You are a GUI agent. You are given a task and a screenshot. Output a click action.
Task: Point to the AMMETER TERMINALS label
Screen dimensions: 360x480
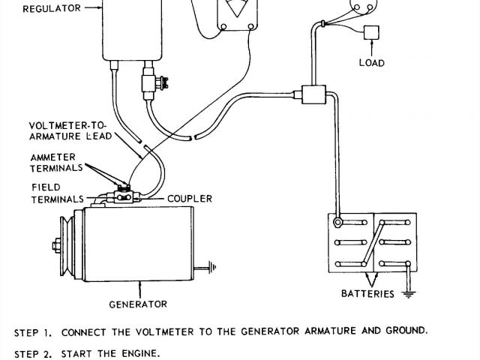(x=58, y=163)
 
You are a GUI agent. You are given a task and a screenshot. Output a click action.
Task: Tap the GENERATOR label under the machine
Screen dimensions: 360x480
(x=138, y=304)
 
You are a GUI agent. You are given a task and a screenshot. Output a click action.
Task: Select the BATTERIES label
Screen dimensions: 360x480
(x=367, y=294)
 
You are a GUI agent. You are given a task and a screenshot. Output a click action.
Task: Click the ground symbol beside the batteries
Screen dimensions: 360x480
(x=409, y=294)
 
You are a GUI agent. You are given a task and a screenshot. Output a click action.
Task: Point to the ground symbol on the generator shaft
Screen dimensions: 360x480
(x=214, y=265)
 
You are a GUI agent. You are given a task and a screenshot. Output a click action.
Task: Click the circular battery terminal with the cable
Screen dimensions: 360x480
(x=337, y=223)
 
